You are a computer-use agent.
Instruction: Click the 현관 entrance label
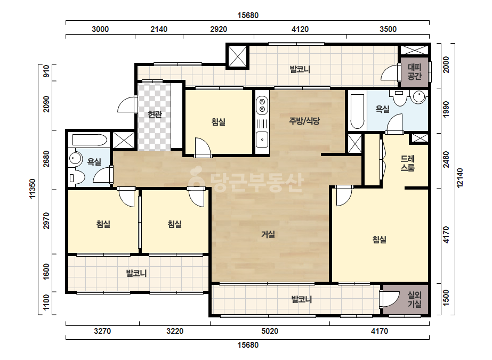coord(155,114)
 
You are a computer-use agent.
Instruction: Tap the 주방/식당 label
coord(304,121)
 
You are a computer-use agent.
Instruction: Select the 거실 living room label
coord(268,234)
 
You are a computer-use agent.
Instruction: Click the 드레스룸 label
coord(408,163)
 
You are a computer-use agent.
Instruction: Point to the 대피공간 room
coord(414,72)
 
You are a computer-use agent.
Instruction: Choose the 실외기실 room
coord(406,299)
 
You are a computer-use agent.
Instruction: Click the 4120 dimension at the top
coord(300,29)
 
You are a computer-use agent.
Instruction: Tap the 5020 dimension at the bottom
coord(270,331)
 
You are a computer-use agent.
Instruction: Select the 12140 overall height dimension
coord(459,178)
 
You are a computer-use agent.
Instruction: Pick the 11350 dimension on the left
coord(33,189)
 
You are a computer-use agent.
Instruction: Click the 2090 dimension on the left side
coord(46,104)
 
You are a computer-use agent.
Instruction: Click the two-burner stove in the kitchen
coord(262,105)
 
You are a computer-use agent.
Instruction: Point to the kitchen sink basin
coord(262,140)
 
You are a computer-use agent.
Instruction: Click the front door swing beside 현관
coord(127,104)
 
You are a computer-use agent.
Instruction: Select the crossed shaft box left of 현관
coord(124,140)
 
